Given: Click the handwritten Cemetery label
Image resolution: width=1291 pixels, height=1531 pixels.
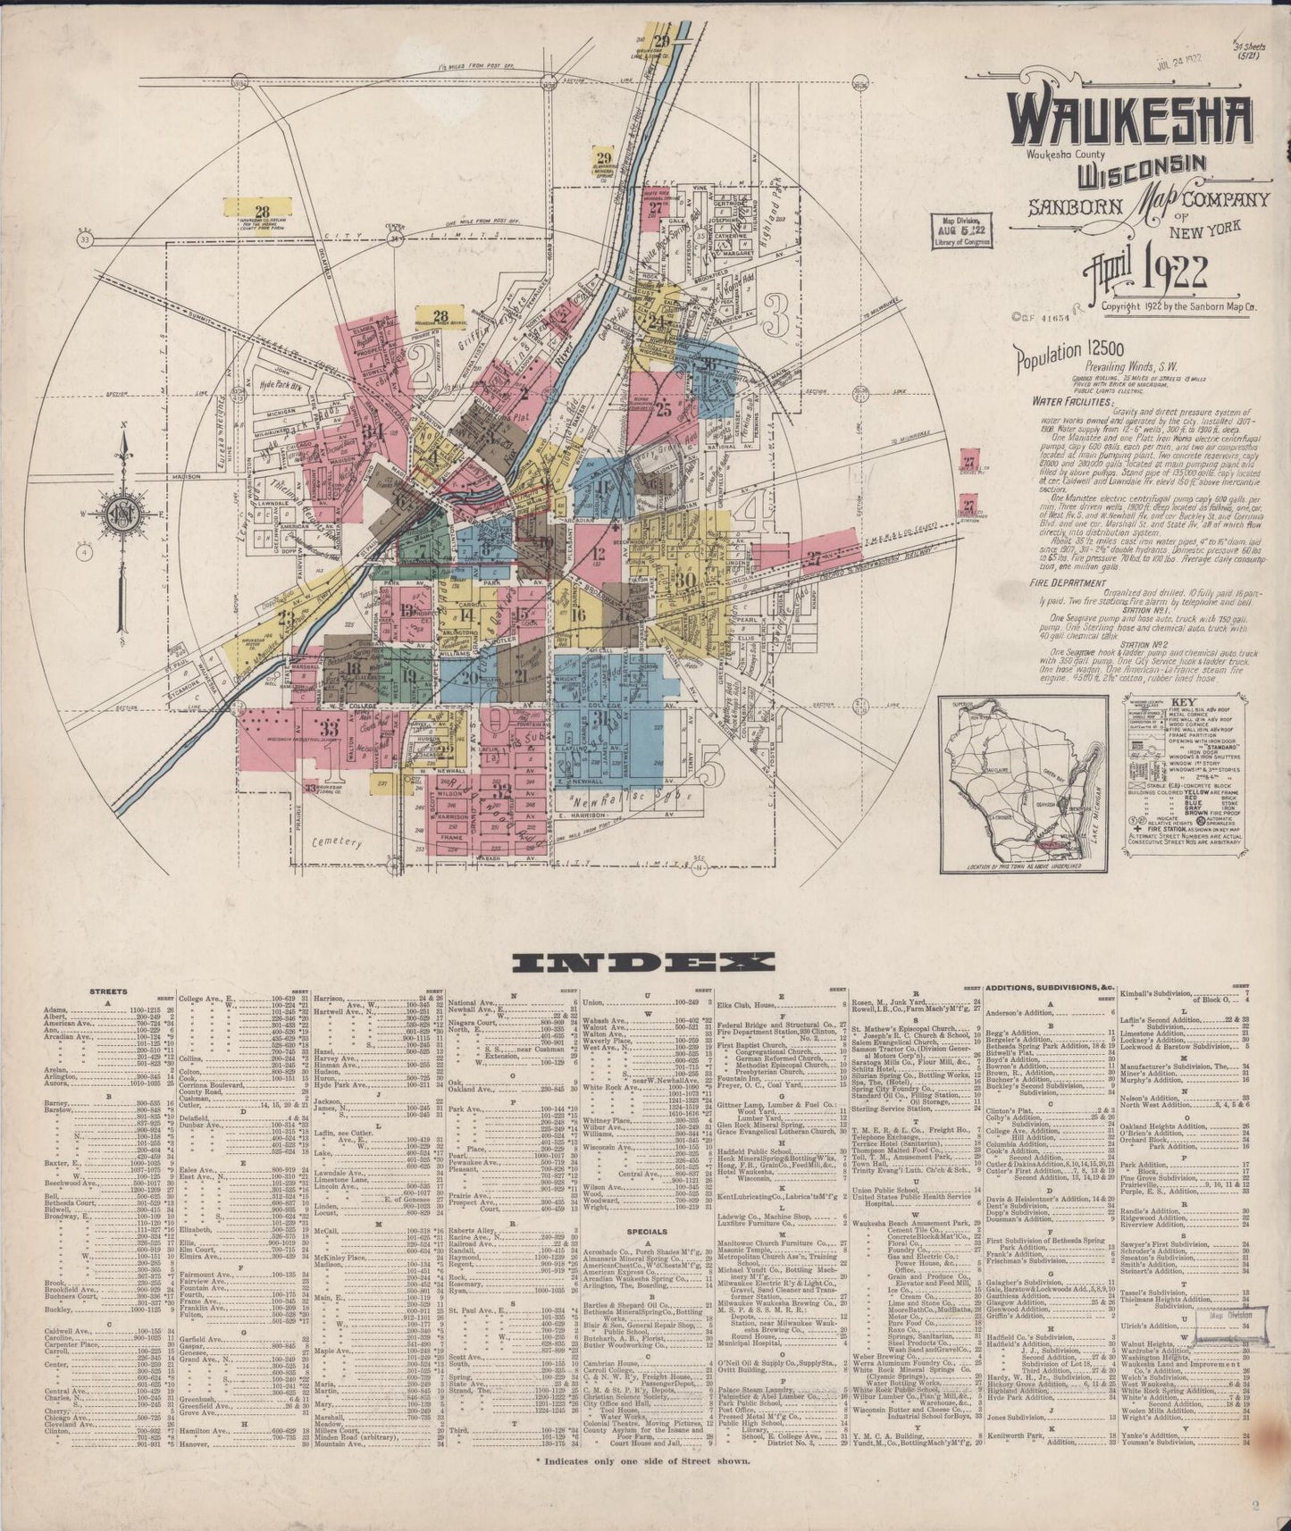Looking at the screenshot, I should [x=337, y=842].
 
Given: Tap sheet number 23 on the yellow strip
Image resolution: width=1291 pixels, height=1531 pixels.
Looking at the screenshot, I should [x=286, y=617].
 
